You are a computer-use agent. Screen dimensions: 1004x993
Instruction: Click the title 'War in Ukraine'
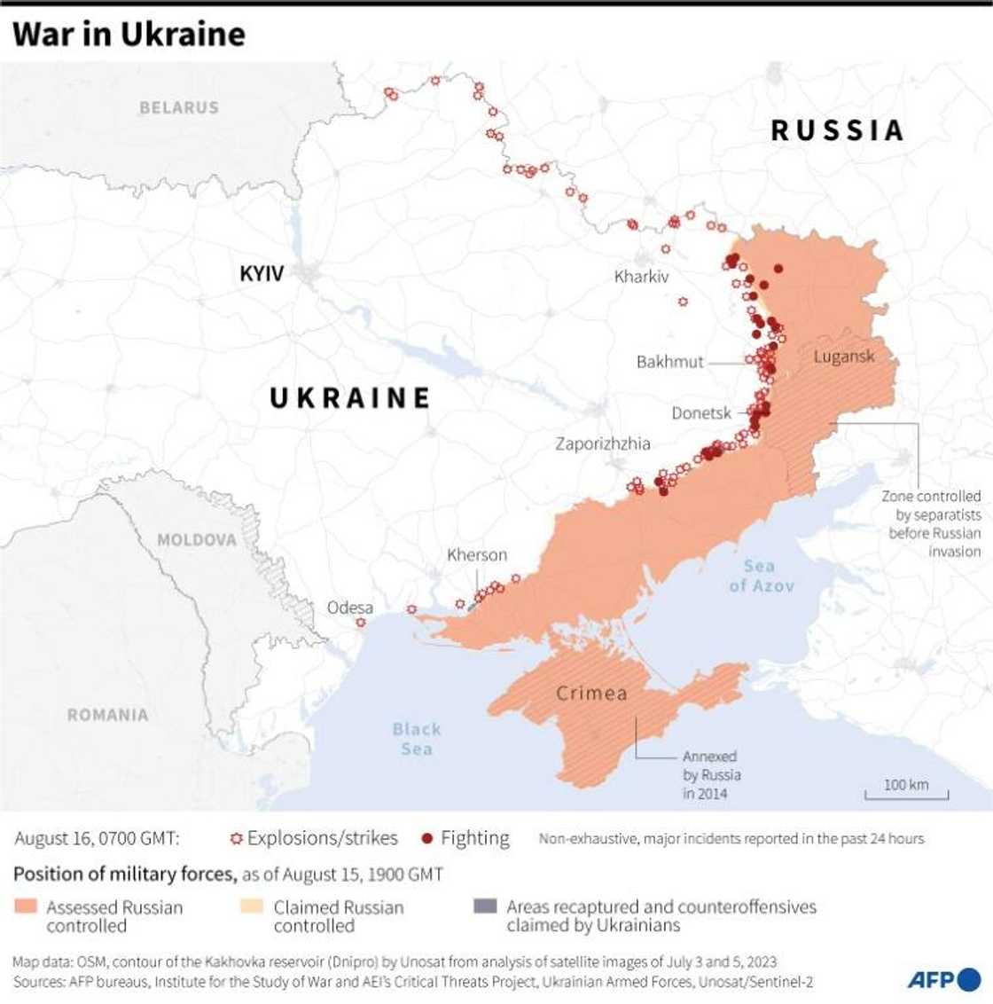tap(129, 34)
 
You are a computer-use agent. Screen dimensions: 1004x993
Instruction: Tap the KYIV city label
tap(262, 273)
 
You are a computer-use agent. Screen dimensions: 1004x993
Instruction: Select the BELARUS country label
tap(178, 107)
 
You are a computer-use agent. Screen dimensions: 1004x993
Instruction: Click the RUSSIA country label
tap(837, 130)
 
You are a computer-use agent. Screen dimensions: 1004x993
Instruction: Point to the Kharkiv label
tap(641, 277)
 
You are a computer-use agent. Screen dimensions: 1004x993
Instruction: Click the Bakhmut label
tap(669, 362)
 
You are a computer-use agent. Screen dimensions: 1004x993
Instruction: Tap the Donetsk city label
tap(701, 413)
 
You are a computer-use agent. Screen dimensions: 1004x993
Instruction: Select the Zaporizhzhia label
tap(603, 443)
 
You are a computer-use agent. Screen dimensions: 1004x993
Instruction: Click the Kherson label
tap(477, 555)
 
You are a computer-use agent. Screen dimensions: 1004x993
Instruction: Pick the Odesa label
tap(350, 608)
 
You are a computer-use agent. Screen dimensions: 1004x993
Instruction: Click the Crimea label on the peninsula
tap(591, 693)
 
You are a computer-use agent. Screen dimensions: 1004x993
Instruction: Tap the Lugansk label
tap(844, 357)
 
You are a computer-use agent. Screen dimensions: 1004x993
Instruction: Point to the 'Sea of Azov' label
tap(762, 576)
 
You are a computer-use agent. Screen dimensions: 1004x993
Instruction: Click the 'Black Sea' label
tap(417, 738)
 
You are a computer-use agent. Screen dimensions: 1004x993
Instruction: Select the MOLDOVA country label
tap(197, 539)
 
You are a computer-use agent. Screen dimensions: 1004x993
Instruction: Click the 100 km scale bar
tap(906, 789)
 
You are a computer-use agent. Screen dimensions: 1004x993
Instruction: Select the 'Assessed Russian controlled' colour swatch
tap(26, 907)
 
